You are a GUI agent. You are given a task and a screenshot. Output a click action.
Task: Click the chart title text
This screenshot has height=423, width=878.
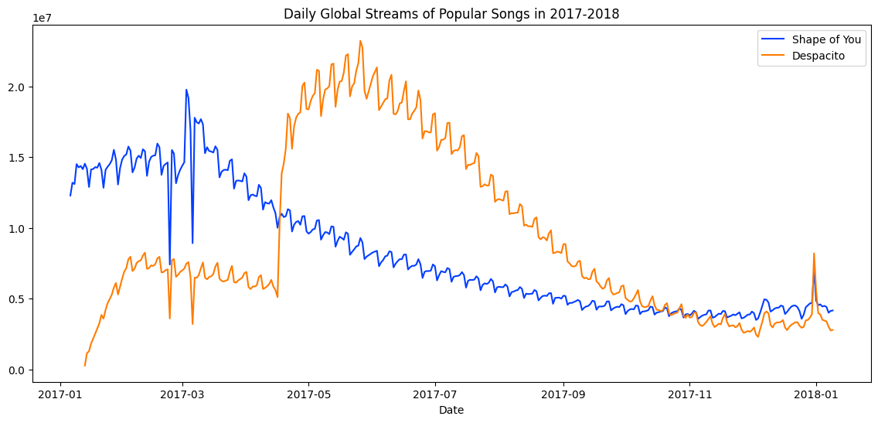(x=451, y=14)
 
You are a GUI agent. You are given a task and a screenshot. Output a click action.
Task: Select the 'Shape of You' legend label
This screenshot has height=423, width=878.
(x=826, y=39)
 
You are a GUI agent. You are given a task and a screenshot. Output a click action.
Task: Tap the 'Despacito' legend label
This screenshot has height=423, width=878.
(x=818, y=56)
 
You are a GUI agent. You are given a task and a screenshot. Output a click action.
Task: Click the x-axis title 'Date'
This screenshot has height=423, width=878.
(x=451, y=411)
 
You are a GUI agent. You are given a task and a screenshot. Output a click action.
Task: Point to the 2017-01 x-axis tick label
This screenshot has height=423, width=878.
(x=60, y=394)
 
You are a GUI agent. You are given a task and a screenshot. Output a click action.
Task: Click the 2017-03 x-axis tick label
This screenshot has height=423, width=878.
(x=182, y=394)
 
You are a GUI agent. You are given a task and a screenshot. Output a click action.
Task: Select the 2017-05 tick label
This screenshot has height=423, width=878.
(x=308, y=394)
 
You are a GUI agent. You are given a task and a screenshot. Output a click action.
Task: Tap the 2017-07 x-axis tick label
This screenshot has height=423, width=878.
(x=435, y=394)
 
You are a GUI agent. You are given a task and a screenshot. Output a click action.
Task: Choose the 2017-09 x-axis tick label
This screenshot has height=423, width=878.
(x=563, y=394)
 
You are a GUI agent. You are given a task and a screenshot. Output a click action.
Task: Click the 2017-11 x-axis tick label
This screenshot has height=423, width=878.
(x=689, y=394)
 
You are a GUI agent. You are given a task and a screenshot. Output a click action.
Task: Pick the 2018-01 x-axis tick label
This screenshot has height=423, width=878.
(x=816, y=394)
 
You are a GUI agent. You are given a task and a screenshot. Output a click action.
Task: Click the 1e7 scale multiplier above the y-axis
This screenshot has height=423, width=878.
(x=43, y=18)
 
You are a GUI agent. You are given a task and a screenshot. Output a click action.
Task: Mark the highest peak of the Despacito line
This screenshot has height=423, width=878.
(x=360, y=41)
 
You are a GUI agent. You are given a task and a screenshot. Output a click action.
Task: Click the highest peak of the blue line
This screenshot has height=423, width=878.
(x=186, y=90)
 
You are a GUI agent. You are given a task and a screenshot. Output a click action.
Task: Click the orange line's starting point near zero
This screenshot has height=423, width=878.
(x=85, y=365)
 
